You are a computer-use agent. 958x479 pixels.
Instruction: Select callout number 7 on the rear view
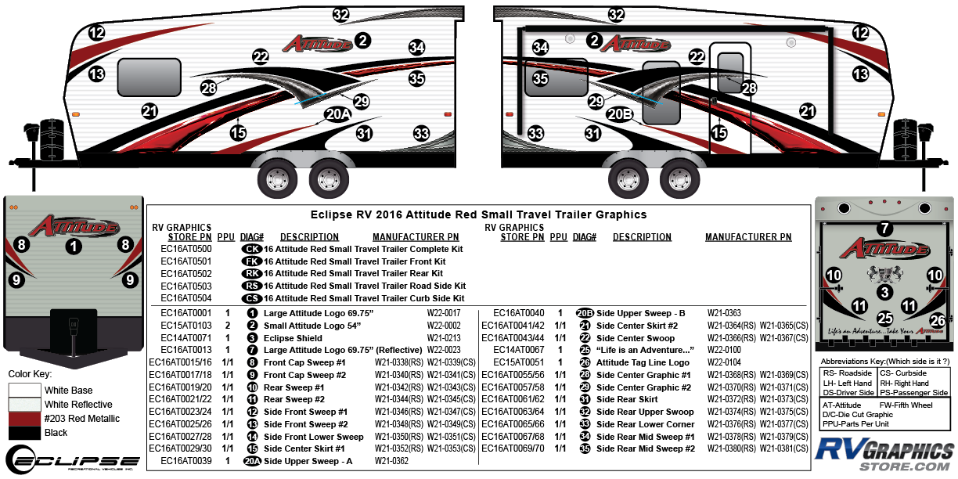(x=884, y=229)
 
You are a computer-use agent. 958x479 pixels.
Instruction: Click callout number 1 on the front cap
(x=73, y=247)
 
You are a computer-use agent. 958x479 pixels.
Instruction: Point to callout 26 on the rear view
(x=937, y=319)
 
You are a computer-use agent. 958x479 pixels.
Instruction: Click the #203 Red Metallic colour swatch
(x=25, y=419)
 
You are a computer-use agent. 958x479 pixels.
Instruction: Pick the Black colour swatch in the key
(x=25, y=433)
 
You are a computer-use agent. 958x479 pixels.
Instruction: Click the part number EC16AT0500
(x=186, y=249)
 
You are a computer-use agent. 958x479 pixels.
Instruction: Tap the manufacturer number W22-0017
(x=444, y=312)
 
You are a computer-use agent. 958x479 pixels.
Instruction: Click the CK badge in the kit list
(x=252, y=249)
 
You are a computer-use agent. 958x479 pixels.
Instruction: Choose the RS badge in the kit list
(x=252, y=286)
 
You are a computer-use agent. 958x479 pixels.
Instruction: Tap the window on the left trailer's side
(x=149, y=76)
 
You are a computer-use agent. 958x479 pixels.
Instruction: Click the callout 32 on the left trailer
(x=340, y=14)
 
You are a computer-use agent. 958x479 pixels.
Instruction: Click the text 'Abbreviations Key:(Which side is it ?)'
(x=884, y=362)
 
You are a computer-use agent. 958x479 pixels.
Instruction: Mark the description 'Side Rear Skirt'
(x=627, y=399)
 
